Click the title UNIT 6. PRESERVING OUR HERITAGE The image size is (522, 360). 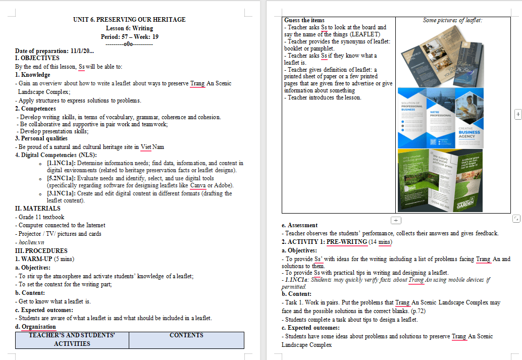point(129,20)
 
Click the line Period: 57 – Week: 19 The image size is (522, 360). point(129,37)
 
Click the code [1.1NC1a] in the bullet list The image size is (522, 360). point(61,163)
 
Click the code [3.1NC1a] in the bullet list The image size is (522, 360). point(61,193)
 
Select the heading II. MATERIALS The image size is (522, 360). point(37,208)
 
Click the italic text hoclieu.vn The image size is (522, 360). point(31,242)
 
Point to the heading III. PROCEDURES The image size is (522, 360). point(41,250)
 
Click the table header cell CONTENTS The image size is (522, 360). point(186,335)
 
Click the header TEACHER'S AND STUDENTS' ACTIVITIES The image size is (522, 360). point(72,339)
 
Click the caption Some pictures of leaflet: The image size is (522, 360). point(452,20)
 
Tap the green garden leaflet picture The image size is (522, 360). point(440,180)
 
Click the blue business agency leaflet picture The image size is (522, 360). point(440,118)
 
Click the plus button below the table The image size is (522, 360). point(396,220)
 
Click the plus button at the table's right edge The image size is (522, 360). point(517,115)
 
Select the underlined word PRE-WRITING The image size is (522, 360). point(347,242)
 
